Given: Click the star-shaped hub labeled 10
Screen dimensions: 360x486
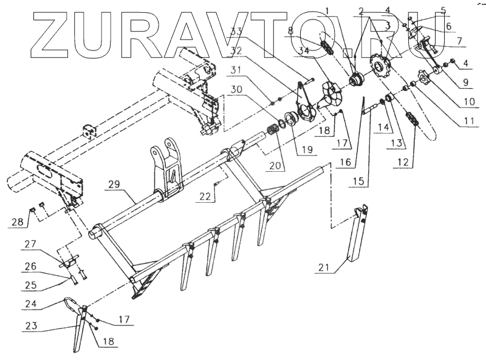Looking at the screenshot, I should click(419, 80).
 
